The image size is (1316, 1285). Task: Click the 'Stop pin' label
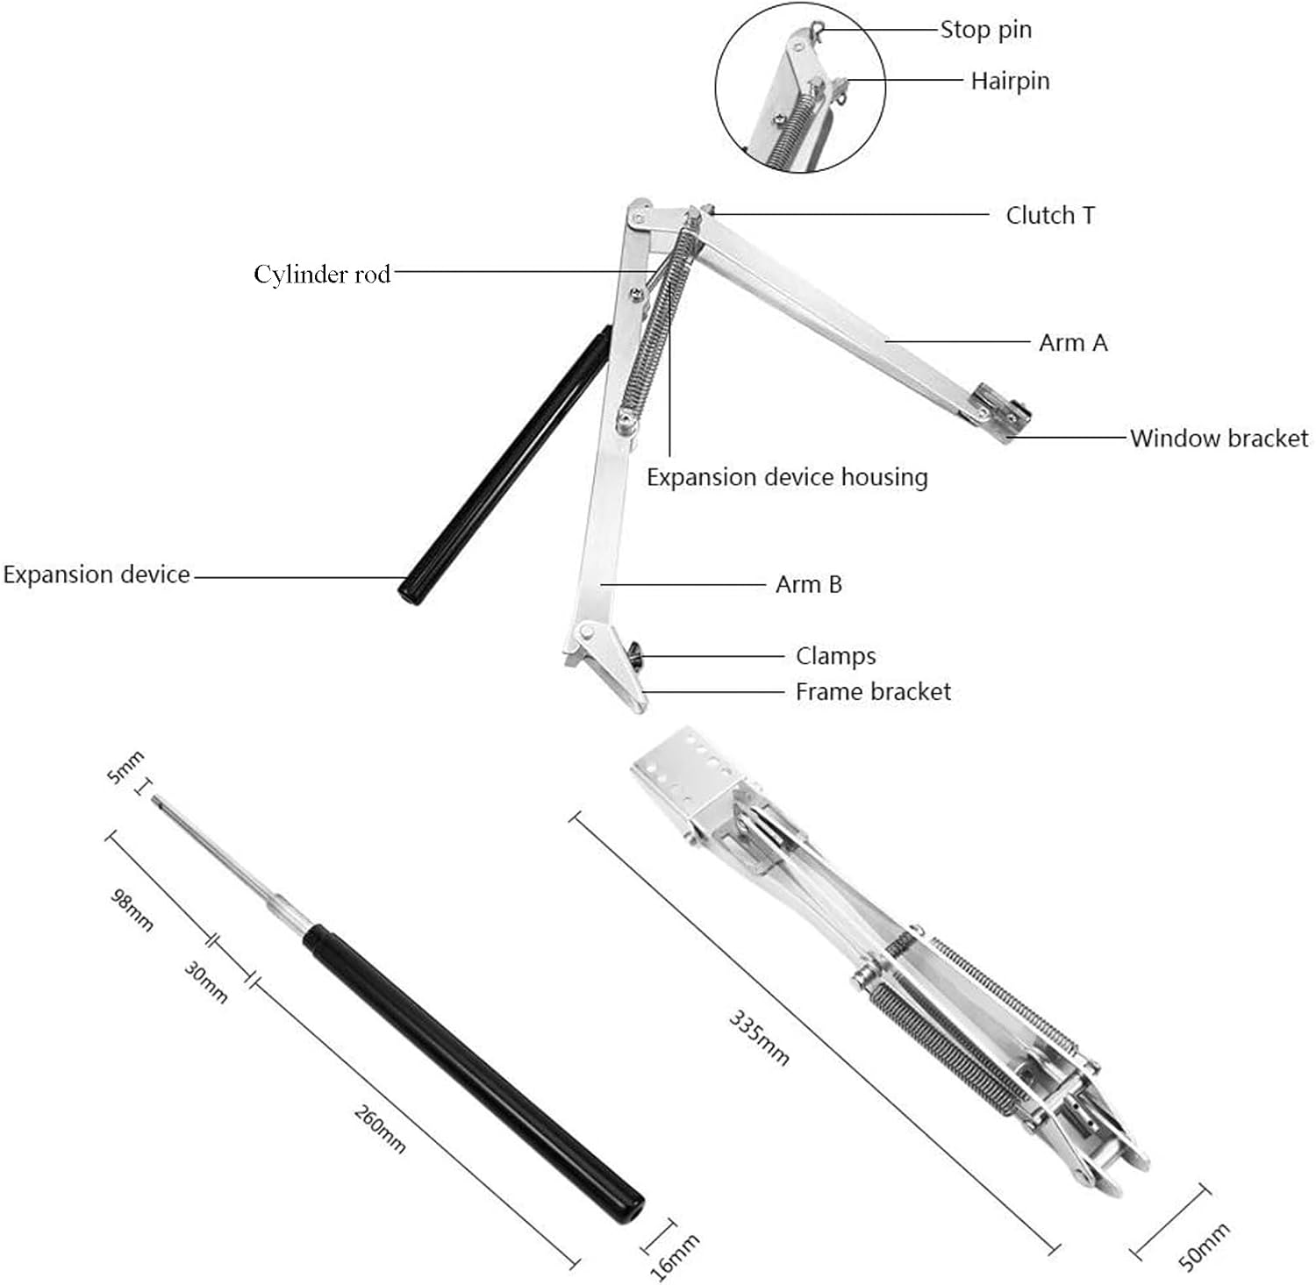click(x=985, y=30)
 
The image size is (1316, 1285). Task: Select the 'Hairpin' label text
click(x=1009, y=81)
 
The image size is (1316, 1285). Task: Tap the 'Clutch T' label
click(x=1049, y=215)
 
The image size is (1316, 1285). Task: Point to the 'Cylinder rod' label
click(x=322, y=274)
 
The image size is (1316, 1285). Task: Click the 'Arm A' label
click(x=1072, y=342)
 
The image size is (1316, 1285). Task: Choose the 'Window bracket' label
click(x=1218, y=438)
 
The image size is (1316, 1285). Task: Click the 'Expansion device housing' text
click(x=787, y=477)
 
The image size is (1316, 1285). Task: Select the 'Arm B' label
click(x=808, y=584)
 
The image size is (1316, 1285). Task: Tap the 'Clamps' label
click(x=835, y=656)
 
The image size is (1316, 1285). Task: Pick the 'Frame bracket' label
click(x=872, y=692)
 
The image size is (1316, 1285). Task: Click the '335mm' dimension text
click(x=759, y=1038)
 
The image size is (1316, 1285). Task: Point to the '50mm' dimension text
click(x=1203, y=1246)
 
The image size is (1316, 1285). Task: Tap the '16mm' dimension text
click(x=676, y=1256)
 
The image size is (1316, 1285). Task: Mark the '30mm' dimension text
click(x=206, y=982)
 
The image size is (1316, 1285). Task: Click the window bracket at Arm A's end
click(x=999, y=413)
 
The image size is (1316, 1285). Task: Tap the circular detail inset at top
click(x=799, y=98)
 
